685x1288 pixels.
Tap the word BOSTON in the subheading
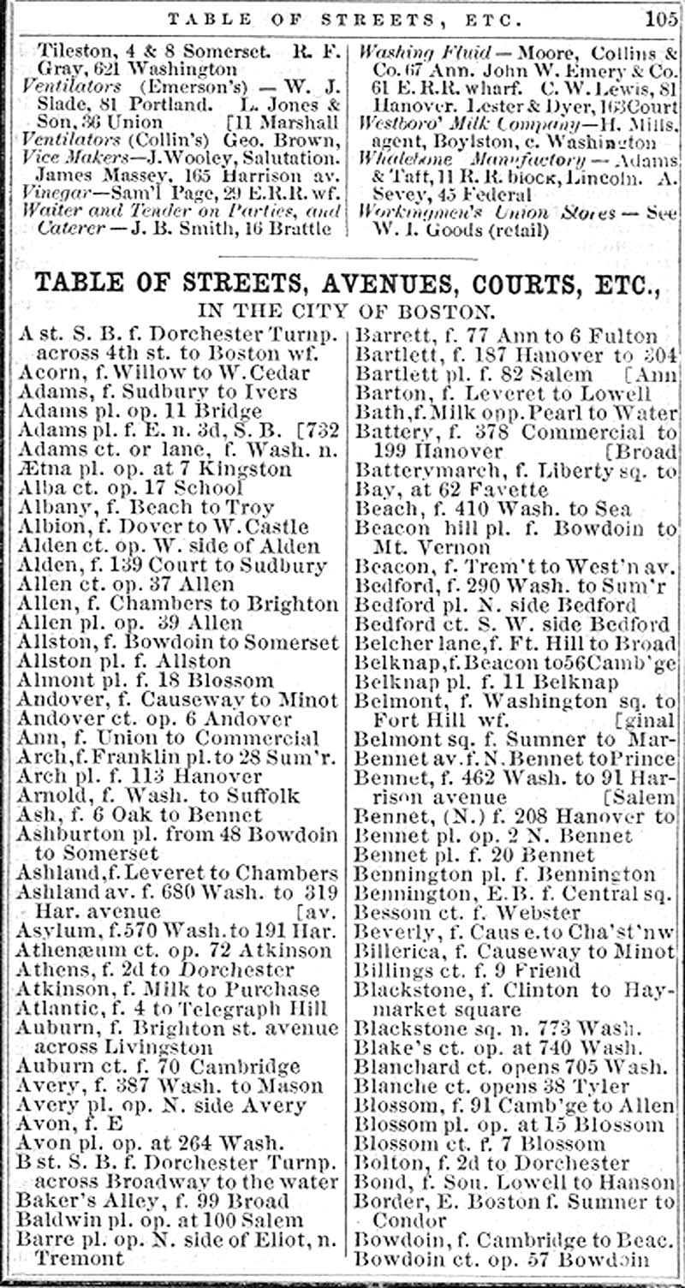447,311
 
